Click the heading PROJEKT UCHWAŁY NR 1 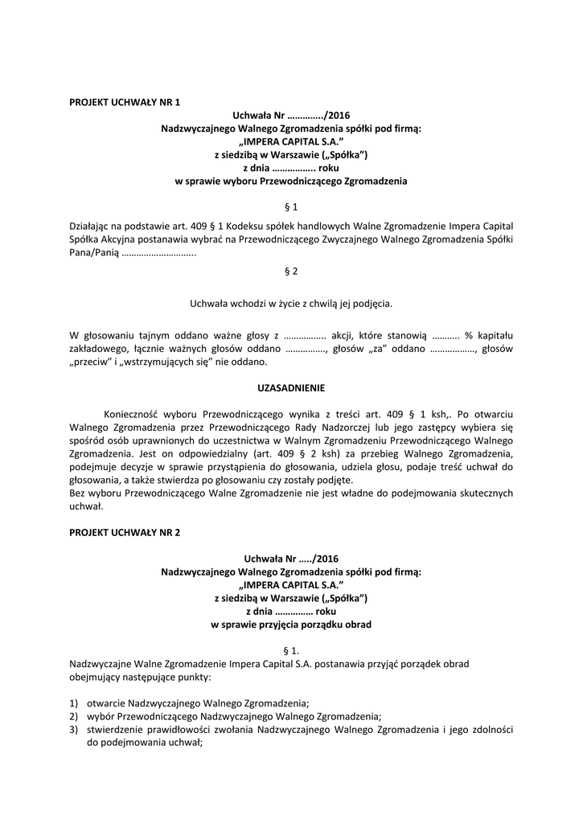pos(125,102)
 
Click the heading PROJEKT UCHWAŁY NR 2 pos(125,532)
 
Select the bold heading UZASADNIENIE pos(291,388)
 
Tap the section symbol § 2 pos(291,271)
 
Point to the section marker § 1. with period pos(291,649)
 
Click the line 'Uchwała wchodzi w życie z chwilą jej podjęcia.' pos(291,304)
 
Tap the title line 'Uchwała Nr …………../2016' pos(291,115)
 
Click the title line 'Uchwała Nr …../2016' pos(291,558)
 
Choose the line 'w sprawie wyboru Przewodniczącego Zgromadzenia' pos(291,182)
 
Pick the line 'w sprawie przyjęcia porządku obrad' pos(291,624)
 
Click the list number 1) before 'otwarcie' pos(74,702)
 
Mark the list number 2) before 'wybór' pos(74,716)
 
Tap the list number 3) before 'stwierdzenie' pos(74,730)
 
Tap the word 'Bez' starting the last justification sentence pos(78,493)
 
